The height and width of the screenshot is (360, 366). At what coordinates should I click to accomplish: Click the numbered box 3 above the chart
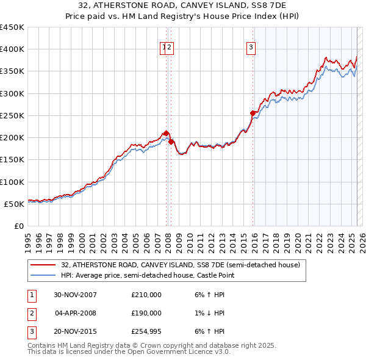click(251, 49)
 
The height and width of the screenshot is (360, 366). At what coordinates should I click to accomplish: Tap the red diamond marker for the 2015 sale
click(253, 113)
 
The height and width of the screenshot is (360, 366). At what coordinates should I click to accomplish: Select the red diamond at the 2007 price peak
click(166, 132)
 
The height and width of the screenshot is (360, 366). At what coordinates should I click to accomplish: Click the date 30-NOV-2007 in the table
click(75, 295)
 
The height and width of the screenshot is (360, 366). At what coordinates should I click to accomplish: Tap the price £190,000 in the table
click(146, 313)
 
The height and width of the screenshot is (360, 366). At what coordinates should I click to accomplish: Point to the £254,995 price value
click(146, 331)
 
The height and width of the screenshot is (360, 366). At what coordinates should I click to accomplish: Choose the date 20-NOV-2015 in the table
click(75, 331)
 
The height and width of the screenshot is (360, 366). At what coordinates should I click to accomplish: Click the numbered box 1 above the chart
click(163, 49)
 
